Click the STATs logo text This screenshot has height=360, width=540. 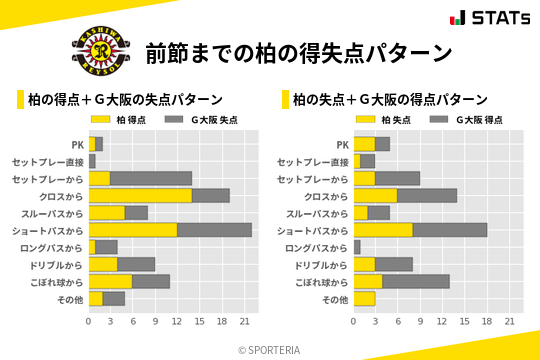[x=500, y=18]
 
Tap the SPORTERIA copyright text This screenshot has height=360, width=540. [x=270, y=350]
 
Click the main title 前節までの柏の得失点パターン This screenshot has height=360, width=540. [x=298, y=52]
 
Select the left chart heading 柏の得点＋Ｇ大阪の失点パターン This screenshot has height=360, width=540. [x=125, y=100]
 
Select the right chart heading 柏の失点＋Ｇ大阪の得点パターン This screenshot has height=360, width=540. [x=390, y=100]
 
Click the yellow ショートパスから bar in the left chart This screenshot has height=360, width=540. [x=133, y=230]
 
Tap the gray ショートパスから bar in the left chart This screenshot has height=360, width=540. [x=215, y=230]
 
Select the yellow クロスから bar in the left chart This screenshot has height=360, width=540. [x=140, y=195]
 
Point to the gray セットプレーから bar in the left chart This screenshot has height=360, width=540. [x=151, y=178]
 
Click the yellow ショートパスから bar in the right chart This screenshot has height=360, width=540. [x=383, y=230]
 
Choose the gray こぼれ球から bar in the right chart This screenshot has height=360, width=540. [x=416, y=281]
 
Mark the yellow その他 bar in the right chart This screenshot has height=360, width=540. [x=364, y=298]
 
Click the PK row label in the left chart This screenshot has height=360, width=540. [x=77, y=144]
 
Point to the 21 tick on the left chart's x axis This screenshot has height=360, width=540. [x=245, y=321]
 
